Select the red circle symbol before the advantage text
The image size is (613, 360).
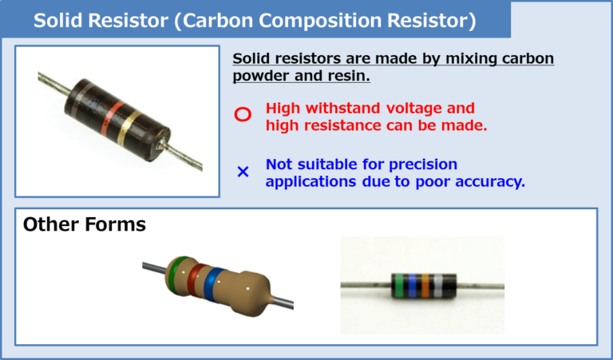click(243, 115)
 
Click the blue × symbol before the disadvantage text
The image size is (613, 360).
click(243, 172)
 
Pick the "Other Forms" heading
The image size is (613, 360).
click(84, 224)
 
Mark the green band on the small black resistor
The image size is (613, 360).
click(398, 284)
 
